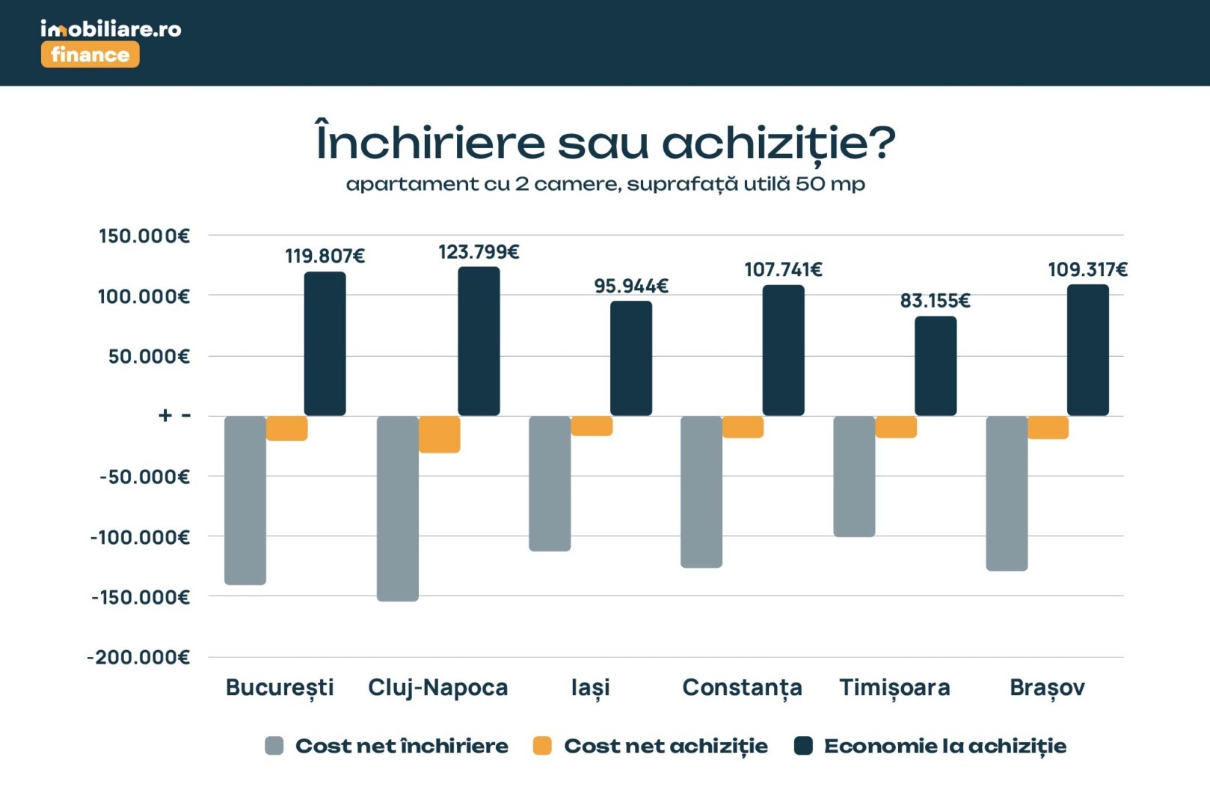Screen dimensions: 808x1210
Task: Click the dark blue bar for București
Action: point(325,343)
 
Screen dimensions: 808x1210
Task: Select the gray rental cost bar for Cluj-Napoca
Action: point(398,508)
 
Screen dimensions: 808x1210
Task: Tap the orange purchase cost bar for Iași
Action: point(592,426)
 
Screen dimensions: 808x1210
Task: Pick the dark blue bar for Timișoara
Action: point(936,366)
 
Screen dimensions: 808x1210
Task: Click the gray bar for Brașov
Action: point(1007,493)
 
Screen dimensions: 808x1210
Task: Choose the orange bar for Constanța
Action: point(743,426)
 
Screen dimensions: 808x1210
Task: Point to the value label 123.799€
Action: point(479,252)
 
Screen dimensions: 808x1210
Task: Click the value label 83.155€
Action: point(935,301)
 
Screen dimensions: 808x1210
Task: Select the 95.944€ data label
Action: point(631,286)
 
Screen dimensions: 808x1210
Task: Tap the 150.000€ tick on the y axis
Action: point(144,236)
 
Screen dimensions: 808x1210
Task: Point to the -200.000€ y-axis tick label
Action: point(139,658)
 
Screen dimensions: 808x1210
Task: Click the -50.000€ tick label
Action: point(144,477)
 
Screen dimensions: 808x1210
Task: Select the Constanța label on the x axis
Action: point(742,687)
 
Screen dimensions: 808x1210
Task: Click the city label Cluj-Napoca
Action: point(437,687)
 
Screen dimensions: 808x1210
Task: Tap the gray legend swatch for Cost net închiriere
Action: point(274,746)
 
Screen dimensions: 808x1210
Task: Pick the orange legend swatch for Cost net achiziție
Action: point(542,746)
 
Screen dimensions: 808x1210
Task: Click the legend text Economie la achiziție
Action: point(945,746)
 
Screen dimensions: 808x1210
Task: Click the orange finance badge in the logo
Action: point(90,55)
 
